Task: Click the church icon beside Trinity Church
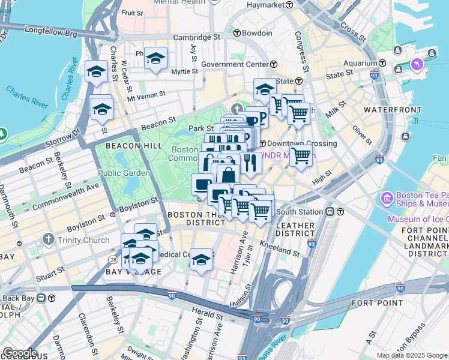[49, 240]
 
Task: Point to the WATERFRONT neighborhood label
[369, 110]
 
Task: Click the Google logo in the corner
[19, 353]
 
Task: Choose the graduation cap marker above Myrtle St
[155, 59]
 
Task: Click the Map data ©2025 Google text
[412, 355]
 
